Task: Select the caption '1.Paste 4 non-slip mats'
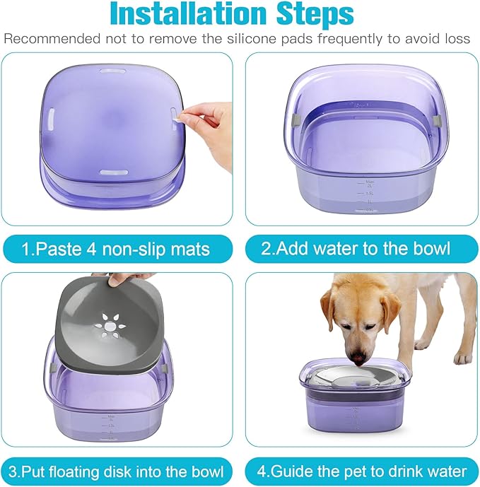[x=116, y=249]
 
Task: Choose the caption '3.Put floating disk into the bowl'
[x=116, y=471]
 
